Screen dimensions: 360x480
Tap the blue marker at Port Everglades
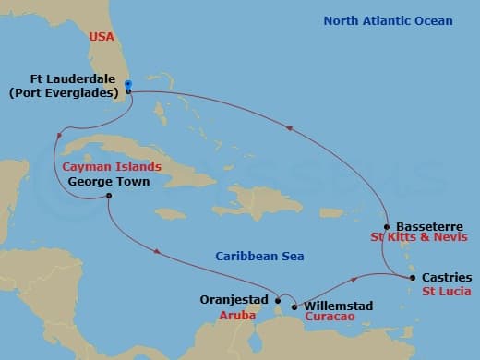[128, 85]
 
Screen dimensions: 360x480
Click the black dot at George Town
[109, 196]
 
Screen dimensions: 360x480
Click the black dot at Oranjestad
[278, 299]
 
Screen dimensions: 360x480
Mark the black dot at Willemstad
[294, 306]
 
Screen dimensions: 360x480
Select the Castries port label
[446, 277]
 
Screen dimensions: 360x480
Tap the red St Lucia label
[445, 292]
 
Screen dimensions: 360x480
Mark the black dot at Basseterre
[387, 226]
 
